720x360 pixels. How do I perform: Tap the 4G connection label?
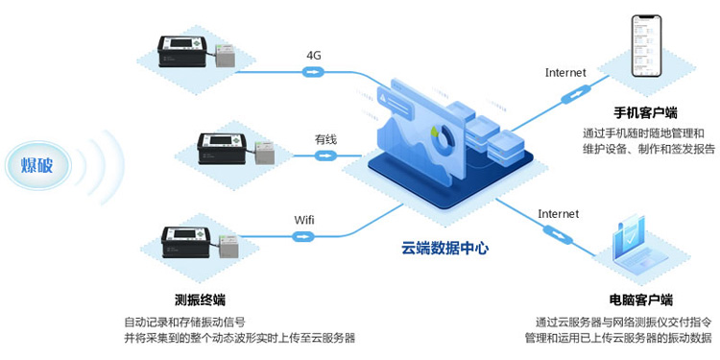pyautogui.click(x=313, y=55)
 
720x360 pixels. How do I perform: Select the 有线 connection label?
pyautogui.click(x=326, y=139)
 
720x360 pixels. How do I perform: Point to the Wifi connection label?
pyautogui.click(x=303, y=220)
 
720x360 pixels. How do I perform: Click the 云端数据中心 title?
pyautogui.click(x=444, y=248)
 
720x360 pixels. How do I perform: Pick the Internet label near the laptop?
pyautogui.click(x=558, y=213)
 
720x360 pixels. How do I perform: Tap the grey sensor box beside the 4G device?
pyautogui.click(x=227, y=59)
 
